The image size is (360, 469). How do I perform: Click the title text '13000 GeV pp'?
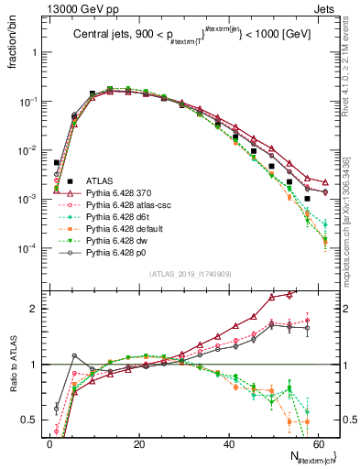click(75, 8)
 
